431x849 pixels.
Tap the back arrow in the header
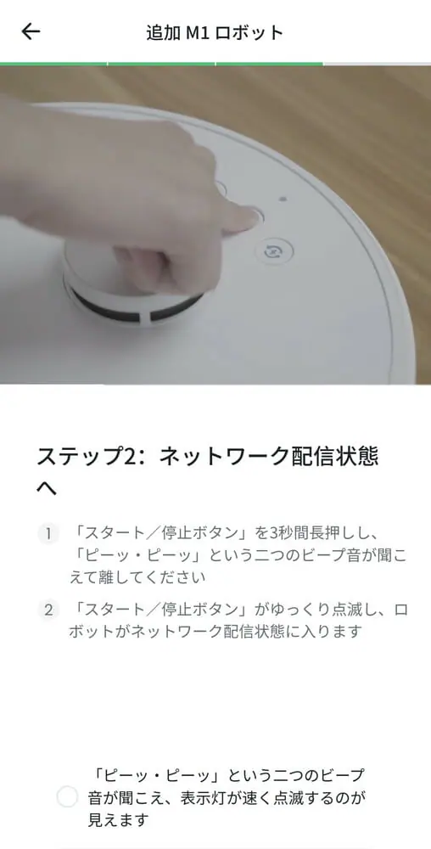(31, 31)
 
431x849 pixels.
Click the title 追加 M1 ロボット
(215, 32)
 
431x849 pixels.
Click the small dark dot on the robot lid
(282, 199)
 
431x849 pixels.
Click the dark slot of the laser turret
(135, 306)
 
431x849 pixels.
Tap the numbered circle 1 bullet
(48, 534)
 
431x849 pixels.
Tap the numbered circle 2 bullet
(48, 610)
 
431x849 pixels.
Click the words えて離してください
(137, 577)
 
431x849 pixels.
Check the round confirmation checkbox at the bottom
(68, 797)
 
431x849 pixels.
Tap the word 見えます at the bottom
(118, 819)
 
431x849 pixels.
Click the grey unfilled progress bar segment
(377, 64)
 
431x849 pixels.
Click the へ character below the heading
(47, 489)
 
